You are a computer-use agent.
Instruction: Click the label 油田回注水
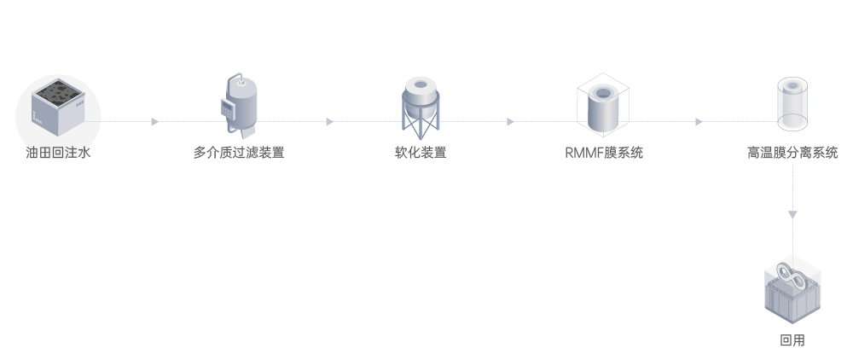[x=58, y=154]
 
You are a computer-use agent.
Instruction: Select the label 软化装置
[x=421, y=154]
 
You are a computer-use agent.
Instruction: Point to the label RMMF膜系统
[x=604, y=154]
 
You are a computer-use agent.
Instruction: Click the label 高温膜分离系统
[x=792, y=154]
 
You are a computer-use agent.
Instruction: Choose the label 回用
[x=792, y=340]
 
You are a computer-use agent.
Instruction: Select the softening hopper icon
[x=421, y=107]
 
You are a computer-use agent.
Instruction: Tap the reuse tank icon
[x=793, y=291]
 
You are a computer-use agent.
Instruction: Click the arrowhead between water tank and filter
[x=154, y=122]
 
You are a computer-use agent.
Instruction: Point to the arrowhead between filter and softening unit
[x=329, y=122]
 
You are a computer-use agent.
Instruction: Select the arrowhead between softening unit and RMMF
[x=510, y=122]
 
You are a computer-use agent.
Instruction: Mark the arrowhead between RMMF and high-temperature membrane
[x=699, y=122]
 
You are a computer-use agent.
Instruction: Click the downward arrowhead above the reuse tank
[x=793, y=213]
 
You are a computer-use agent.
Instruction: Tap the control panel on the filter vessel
[x=228, y=108]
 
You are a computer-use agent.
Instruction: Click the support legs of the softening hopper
[x=421, y=127]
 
